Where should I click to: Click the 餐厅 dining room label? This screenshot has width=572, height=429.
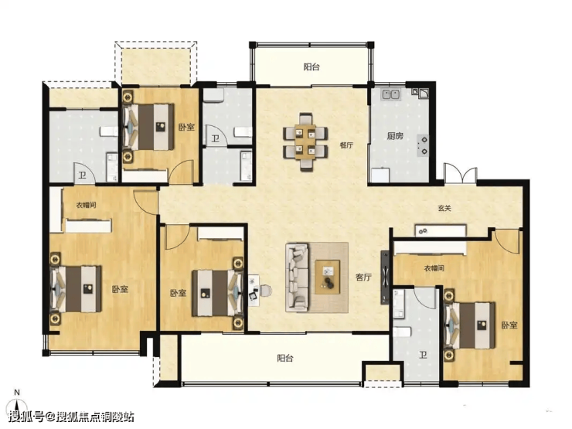point(346,145)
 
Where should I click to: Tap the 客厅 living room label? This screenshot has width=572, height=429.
point(363,277)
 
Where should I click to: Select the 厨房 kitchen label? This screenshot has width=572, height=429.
point(395,136)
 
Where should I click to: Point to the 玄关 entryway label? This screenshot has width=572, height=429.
point(444,208)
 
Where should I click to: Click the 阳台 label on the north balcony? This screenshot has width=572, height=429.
point(312,66)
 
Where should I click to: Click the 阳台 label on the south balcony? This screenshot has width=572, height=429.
point(285,358)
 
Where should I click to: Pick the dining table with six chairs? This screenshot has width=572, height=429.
point(305,142)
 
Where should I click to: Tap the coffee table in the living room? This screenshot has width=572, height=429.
point(328,277)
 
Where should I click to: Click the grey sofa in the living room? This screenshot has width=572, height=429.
point(297,277)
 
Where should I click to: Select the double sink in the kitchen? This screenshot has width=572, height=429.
point(391,94)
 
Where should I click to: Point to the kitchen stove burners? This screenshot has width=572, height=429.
point(424,145)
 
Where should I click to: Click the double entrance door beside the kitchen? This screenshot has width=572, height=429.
point(461,173)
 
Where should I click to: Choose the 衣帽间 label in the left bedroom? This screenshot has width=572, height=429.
point(86,205)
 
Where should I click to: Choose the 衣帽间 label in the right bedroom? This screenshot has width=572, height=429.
point(434,268)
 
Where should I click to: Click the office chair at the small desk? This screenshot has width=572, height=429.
point(267,291)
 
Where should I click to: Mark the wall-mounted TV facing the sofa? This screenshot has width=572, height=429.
point(385,277)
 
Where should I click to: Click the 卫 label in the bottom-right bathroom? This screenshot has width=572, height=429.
point(423,354)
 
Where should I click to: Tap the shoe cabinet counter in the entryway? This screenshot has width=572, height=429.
point(441,230)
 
